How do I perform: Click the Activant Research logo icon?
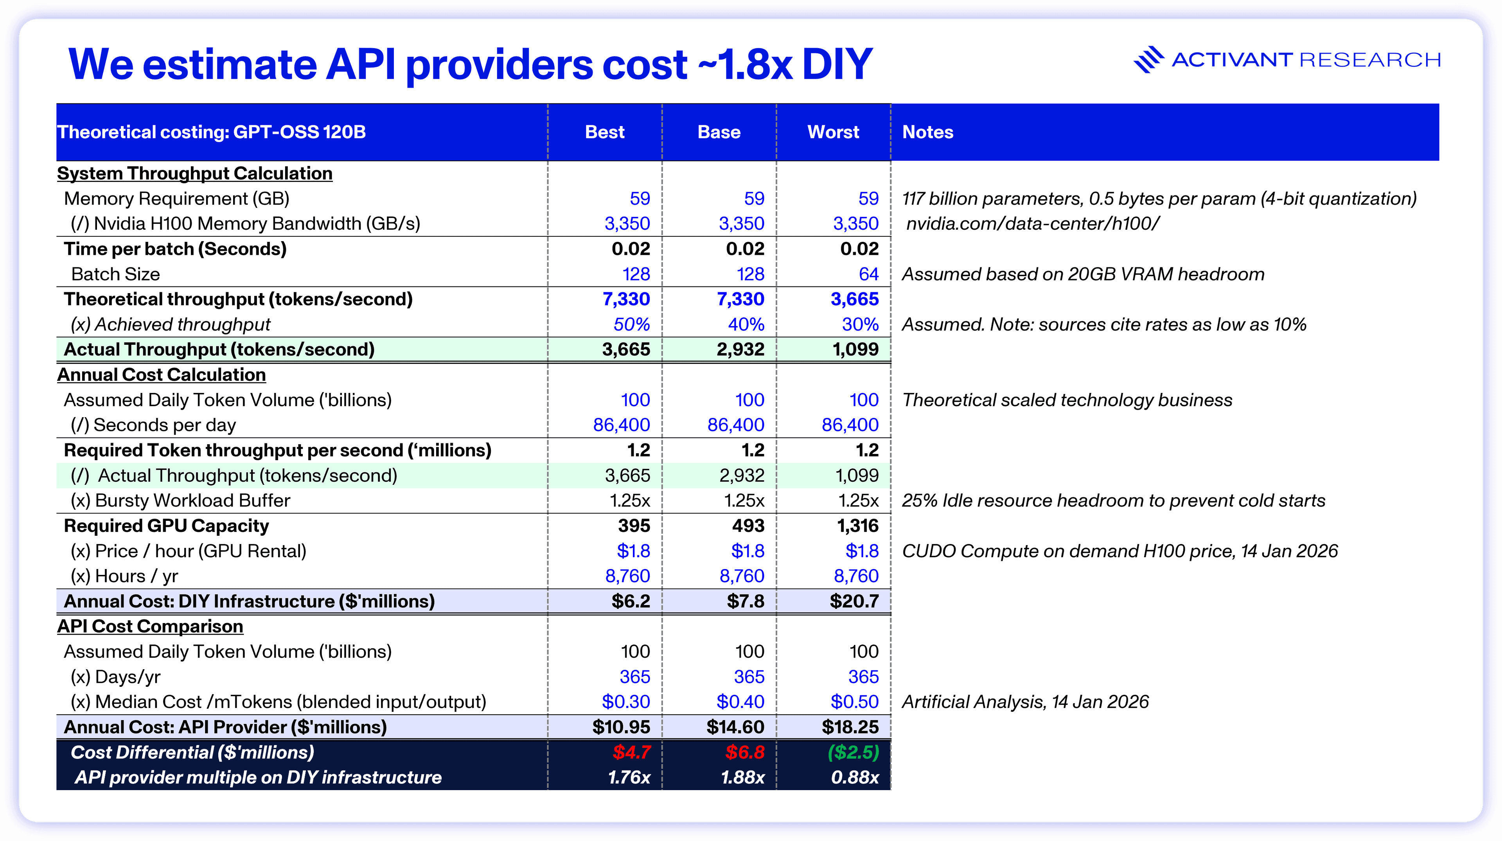[x=1148, y=59]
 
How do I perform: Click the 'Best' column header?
[x=605, y=132]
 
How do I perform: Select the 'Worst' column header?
[x=833, y=132]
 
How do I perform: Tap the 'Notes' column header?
[x=928, y=132]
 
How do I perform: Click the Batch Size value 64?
[x=868, y=274]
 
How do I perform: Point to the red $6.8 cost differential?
[x=745, y=752]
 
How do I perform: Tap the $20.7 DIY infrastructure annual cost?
[x=854, y=601]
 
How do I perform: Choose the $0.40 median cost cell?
[x=740, y=702]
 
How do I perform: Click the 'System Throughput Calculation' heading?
[x=195, y=174]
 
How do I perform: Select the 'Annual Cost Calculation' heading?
[x=162, y=375]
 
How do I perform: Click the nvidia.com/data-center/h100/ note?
[x=1033, y=224]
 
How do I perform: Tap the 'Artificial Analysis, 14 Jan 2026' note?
[x=1025, y=702]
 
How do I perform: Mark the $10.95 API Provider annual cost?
[x=621, y=727]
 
